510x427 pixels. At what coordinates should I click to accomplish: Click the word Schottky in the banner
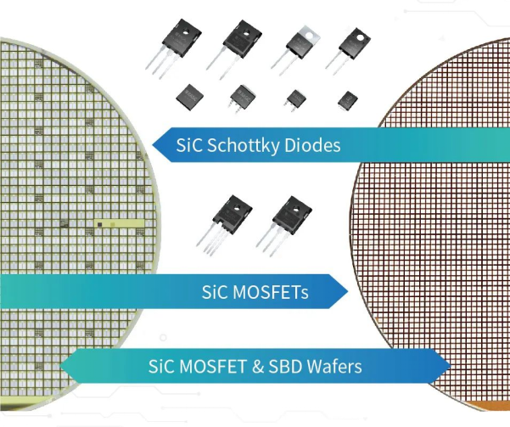(243, 145)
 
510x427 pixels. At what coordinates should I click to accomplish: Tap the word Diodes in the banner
(312, 145)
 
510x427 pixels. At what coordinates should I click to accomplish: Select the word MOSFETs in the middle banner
(271, 292)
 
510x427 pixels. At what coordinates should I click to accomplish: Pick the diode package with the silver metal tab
(295, 49)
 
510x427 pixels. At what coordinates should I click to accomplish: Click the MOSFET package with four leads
(224, 224)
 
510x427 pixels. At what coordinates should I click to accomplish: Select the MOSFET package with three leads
(284, 225)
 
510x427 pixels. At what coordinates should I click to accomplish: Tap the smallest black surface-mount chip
(348, 100)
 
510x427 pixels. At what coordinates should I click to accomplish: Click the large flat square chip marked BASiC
(190, 97)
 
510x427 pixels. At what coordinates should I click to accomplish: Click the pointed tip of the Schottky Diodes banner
(153, 145)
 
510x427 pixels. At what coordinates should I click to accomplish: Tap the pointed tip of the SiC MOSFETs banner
(349, 291)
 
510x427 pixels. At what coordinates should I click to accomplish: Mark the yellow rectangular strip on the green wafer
(119, 224)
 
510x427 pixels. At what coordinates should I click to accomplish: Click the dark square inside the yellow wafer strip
(100, 224)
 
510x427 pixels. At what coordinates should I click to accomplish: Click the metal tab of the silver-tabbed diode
(310, 35)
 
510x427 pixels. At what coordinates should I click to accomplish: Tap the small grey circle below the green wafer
(163, 338)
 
